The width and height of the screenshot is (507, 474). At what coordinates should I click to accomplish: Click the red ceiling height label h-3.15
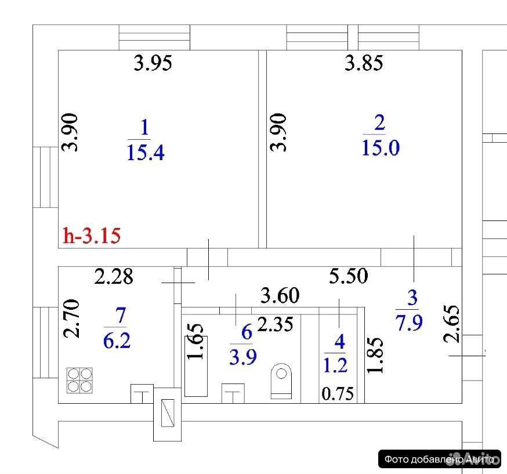(92, 236)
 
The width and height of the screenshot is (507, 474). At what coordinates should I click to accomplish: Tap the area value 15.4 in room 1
(146, 152)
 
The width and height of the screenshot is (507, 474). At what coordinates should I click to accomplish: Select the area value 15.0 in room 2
(381, 148)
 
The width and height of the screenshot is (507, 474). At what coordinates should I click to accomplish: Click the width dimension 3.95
(153, 63)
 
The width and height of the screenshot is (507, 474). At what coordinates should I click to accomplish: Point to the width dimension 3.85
(364, 63)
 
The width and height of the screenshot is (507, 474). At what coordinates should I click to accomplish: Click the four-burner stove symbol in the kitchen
(79, 380)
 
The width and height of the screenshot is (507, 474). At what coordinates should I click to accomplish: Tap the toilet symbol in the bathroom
(281, 381)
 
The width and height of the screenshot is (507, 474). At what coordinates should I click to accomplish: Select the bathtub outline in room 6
(196, 366)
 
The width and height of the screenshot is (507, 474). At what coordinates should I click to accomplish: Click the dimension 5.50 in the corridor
(348, 276)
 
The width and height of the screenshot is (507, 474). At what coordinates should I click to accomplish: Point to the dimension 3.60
(280, 295)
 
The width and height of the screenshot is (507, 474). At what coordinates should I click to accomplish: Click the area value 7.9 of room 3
(409, 323)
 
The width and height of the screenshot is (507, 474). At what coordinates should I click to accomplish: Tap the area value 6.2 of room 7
(117, 341)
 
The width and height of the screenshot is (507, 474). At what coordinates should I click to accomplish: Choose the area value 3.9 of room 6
(243, 357)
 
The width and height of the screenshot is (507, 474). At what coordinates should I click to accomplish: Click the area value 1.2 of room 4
(335, 365)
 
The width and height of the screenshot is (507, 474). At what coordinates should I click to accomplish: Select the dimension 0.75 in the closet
(338, 393)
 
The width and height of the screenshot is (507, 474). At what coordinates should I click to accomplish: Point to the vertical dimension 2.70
(71, 319)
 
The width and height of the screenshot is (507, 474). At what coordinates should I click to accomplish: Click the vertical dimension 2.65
(451, 324)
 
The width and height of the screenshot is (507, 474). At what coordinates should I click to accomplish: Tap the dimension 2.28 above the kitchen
(114, 277)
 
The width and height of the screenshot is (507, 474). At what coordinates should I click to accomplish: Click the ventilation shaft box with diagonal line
(168, 413)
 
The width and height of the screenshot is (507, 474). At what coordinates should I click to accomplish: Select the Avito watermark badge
(440, 459)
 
